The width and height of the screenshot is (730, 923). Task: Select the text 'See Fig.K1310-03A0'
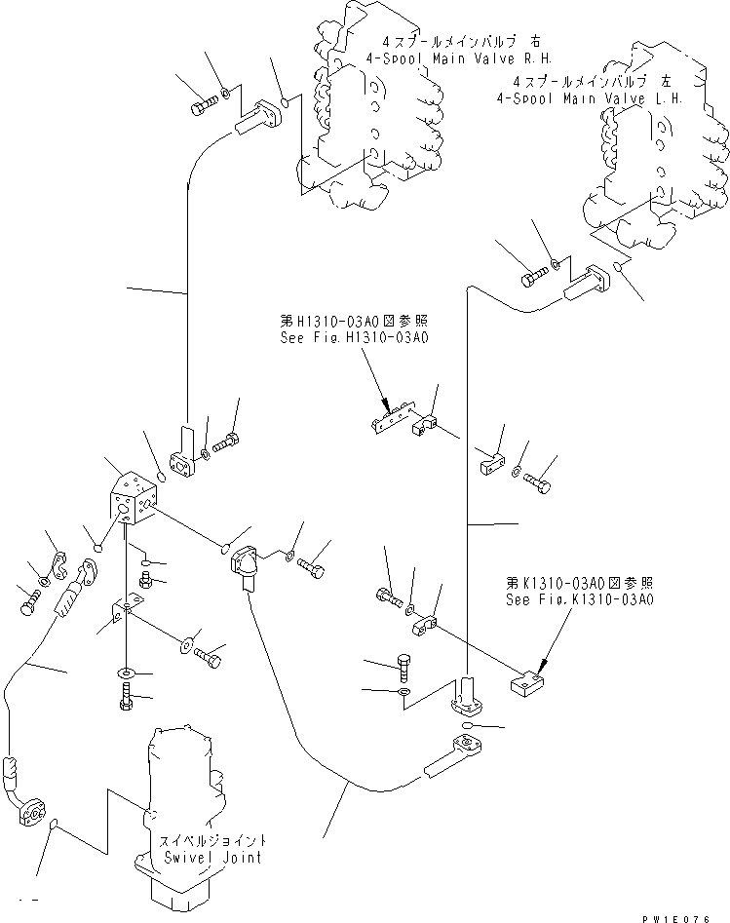pos(579,599)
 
